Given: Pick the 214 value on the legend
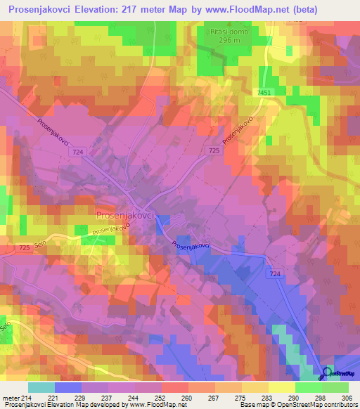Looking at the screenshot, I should [x=28, y=397].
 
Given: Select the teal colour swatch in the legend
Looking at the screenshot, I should [x=41, y=387].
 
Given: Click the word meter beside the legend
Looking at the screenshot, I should [x=10, y=397].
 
